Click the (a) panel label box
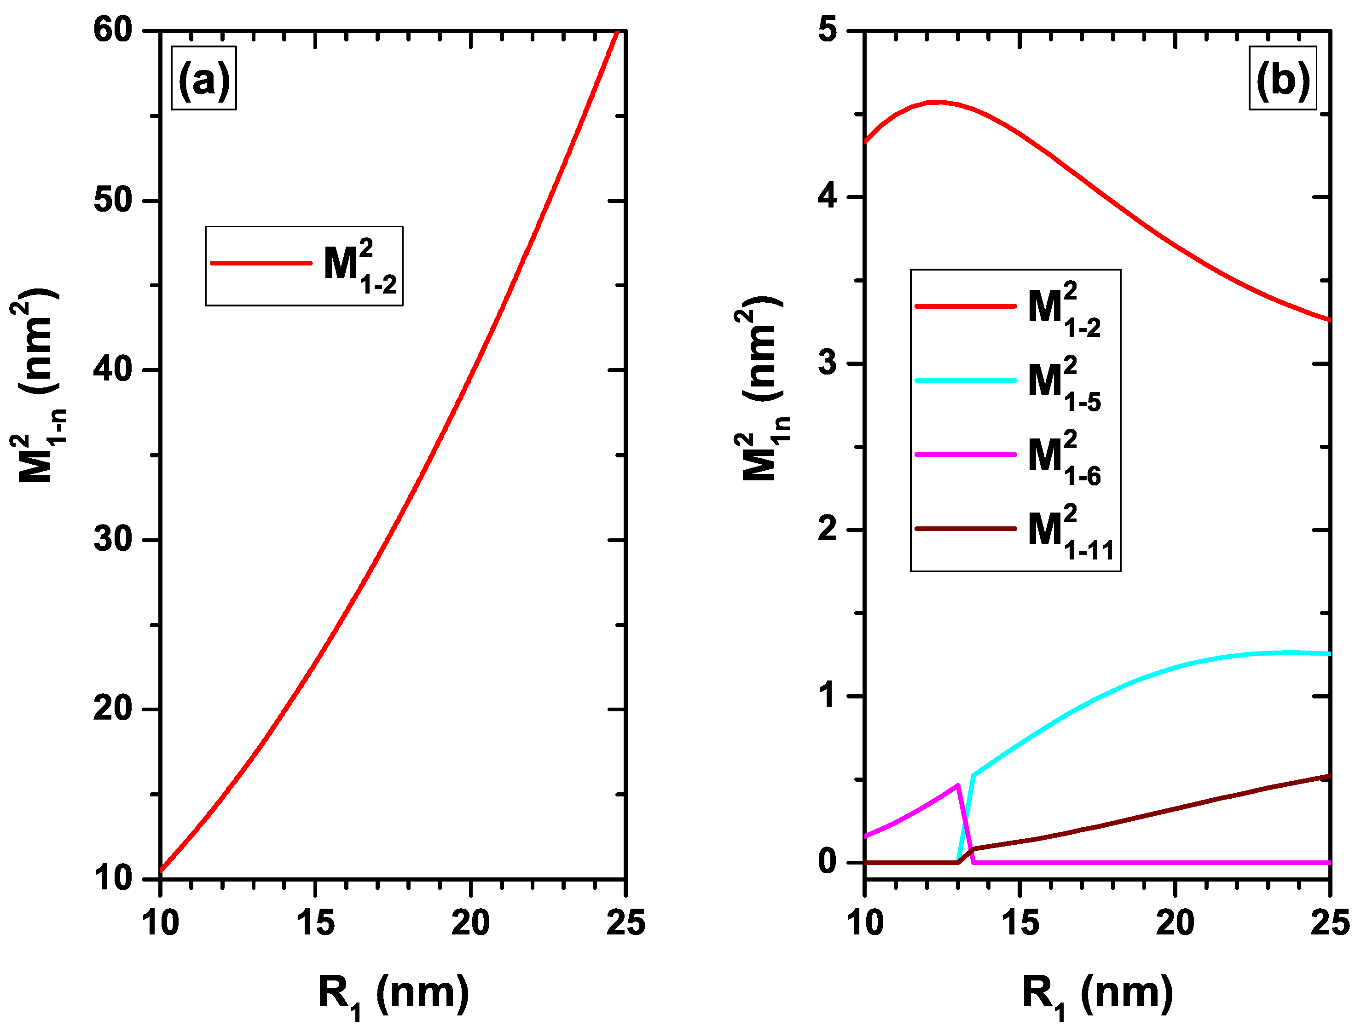coord(203,78)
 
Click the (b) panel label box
coord(1283,78)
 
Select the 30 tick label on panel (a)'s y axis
coord(113,539)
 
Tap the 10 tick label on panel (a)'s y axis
coord(113,878)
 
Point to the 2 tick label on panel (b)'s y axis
coord(828,529)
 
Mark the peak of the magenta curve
coord(957,785)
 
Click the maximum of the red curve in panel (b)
coord(938,102)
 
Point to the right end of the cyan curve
coord(1329,654)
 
